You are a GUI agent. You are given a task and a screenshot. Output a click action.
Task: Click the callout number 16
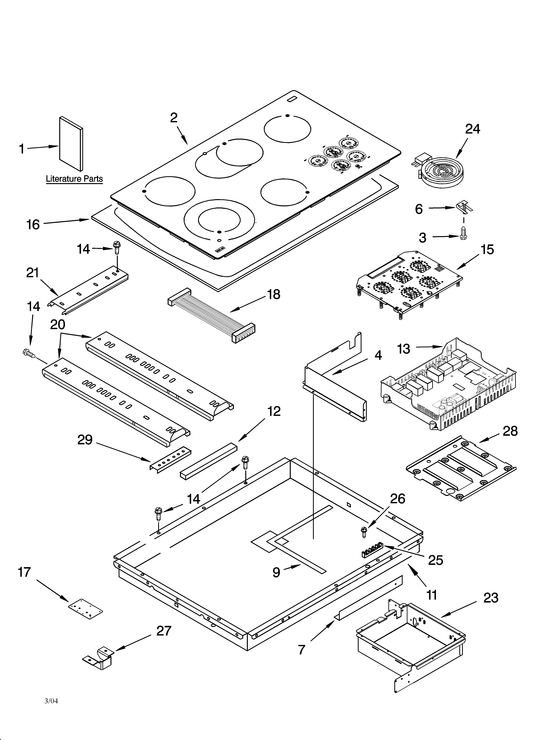tap(33, 224)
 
